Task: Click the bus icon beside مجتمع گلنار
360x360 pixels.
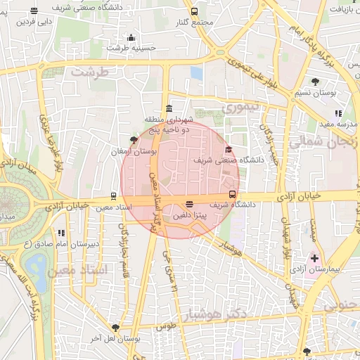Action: click(x=195, y=11)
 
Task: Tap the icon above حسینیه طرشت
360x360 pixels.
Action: click(x=130, y=38)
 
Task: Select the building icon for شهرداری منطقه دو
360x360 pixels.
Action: click(x=168, y=108)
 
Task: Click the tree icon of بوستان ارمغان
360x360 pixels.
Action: click(x=134, y=140)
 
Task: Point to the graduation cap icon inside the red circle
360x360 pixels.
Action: click(x=228, y=149)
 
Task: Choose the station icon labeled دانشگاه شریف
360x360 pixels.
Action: click(x=232, y=195)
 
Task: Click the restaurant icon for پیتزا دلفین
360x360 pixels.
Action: click(x=189, y=205)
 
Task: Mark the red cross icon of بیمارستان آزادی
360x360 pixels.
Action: click(x=314, y=259)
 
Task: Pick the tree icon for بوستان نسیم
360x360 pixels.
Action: click(x=325, y=82)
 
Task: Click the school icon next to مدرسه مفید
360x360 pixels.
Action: click(x=338, y=113)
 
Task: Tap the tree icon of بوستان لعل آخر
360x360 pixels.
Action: click(x=115, y=328)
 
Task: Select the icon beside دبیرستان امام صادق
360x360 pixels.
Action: click(x=62, y=233)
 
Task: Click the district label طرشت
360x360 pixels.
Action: click(x=91, y=72)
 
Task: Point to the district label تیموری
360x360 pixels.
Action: click(x=241, y=107)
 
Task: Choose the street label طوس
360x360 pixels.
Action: click(x=165, y=326)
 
